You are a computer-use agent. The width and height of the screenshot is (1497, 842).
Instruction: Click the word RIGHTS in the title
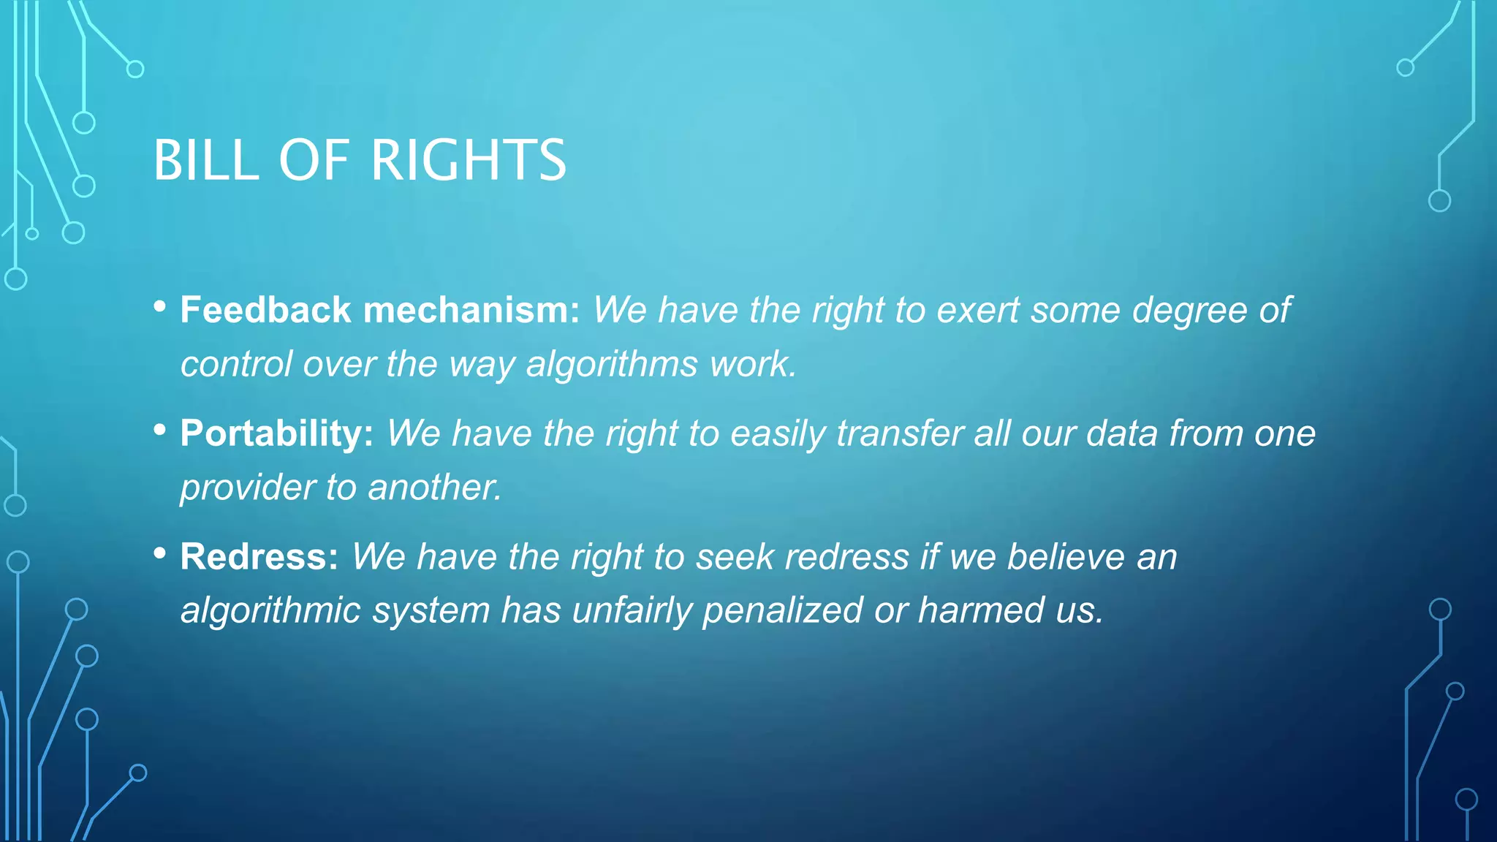coord(469,160)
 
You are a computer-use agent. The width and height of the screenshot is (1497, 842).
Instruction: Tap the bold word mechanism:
coord(471,310)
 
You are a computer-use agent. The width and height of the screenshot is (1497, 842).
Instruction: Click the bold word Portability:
coord(277,433)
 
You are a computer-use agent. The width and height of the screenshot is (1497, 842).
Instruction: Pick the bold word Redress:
coord(259,557)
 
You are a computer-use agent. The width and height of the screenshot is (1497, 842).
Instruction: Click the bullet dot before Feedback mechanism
coord(160,307)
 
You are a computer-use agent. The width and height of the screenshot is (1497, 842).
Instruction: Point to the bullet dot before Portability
coord(160,431)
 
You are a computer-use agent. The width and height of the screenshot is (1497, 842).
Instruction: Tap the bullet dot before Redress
coord(160,554)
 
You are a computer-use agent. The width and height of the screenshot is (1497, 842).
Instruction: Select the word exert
coord(977,310)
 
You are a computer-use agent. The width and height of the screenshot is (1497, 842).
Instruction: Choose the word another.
coord(435,488)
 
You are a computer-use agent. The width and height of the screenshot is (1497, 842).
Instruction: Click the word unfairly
coord(632,610)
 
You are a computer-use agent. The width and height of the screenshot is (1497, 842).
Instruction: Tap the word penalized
coord(782,610)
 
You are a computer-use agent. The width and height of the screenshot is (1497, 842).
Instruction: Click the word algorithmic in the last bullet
coord(270,610)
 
